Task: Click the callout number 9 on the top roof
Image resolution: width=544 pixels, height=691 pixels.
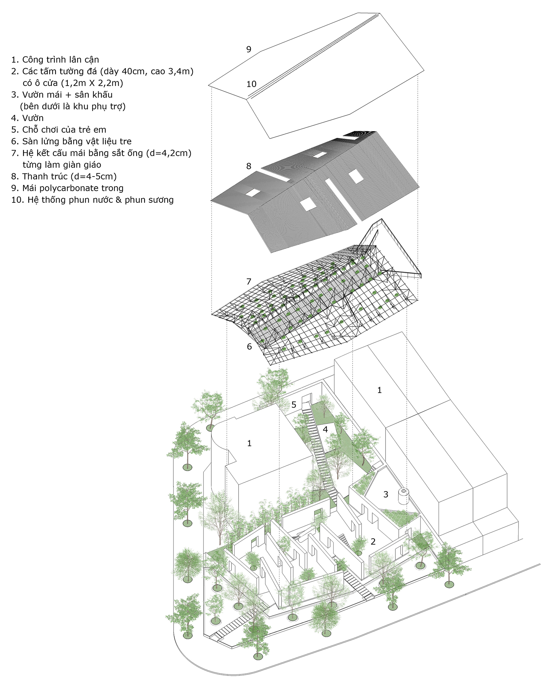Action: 249,49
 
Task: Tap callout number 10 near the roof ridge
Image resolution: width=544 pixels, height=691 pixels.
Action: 251,84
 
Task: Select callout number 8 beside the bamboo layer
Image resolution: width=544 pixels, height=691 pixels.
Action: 249,166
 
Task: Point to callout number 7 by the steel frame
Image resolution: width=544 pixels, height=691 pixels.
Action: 249,282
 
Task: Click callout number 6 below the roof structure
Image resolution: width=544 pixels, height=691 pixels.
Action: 249,347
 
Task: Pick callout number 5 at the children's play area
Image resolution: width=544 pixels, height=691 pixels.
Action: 294,405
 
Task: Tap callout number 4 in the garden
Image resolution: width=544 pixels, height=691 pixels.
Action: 325,429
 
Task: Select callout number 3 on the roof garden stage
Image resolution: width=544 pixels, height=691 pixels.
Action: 386,494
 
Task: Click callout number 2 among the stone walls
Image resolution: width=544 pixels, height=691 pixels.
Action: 373,541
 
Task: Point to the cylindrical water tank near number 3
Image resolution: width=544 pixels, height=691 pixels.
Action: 403,496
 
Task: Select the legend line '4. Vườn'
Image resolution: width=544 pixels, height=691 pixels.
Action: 27,118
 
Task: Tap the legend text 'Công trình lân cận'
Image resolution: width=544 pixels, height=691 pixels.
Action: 61,60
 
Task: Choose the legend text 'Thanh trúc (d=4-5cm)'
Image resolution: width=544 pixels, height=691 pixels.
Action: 70,177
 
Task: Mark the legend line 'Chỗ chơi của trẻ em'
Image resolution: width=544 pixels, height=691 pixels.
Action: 64,130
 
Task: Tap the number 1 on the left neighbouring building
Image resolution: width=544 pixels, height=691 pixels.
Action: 249,443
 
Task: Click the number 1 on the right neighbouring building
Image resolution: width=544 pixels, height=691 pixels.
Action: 379,390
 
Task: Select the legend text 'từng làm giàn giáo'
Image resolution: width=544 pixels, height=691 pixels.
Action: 62,165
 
